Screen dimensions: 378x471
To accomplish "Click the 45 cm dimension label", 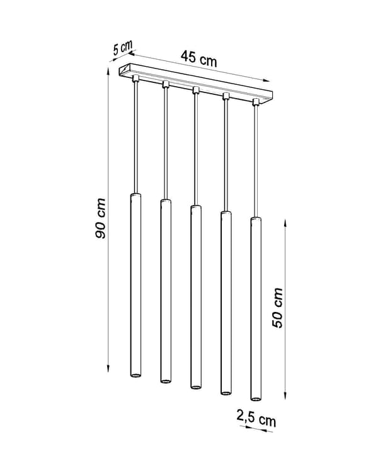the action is click(x=198, y=58).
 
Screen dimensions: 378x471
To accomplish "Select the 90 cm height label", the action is click(x=100, y=218).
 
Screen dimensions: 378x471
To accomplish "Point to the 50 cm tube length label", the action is click(x=277, y=308).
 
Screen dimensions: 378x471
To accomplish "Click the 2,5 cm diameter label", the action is click(x=256, y=418).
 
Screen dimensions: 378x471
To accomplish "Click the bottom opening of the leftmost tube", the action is click(x=135, y=375).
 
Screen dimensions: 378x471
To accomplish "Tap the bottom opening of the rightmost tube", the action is click(x=256, y=399).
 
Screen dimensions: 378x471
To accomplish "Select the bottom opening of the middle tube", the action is click(x=196, y=387).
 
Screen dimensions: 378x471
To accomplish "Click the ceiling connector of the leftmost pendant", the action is click(x=135, y=79).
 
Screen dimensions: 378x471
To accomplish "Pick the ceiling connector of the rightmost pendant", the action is click(x=256, y=102).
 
